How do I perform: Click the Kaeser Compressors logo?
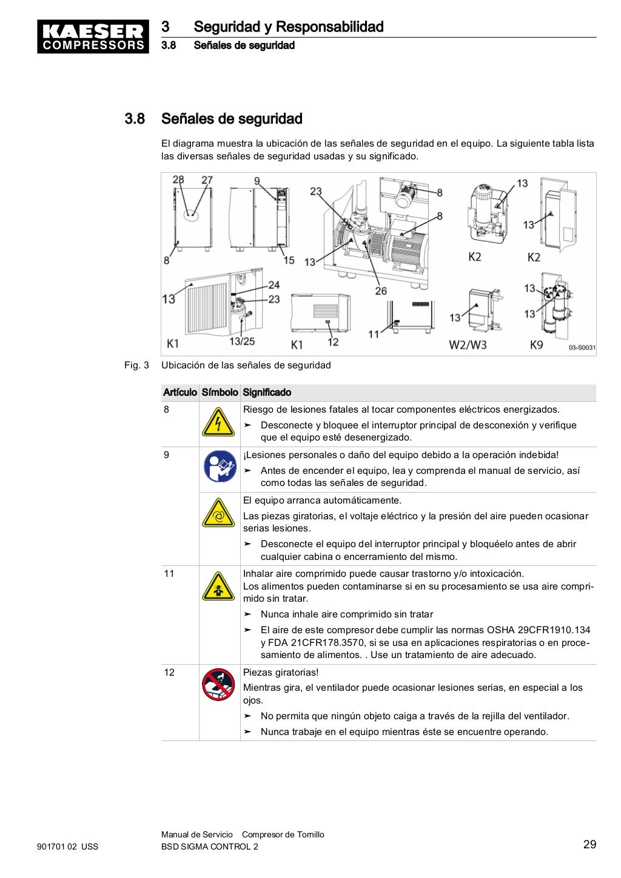coord(93,37)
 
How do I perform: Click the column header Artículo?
coord(180,393)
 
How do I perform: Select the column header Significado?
coord(267,393)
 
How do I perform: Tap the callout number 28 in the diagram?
coord(178,179)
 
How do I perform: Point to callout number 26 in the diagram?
coord(380,291)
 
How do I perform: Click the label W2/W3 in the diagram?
coord(468,345)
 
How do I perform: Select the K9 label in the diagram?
coord(537,345)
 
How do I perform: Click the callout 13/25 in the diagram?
coord(242,342)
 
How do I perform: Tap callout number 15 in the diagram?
coord(289,260)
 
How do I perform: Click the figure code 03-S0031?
coord(582,348)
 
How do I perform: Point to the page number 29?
coord(589,845)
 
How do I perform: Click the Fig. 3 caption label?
coord(136,365)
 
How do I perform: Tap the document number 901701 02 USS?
coord(68,846)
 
